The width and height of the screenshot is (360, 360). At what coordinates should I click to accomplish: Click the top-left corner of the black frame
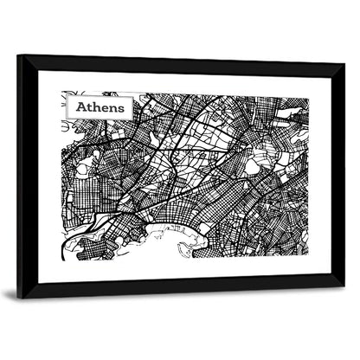click(x=19, y=56)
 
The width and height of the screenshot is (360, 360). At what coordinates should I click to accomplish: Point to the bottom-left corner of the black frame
click(x=19, y=294)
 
